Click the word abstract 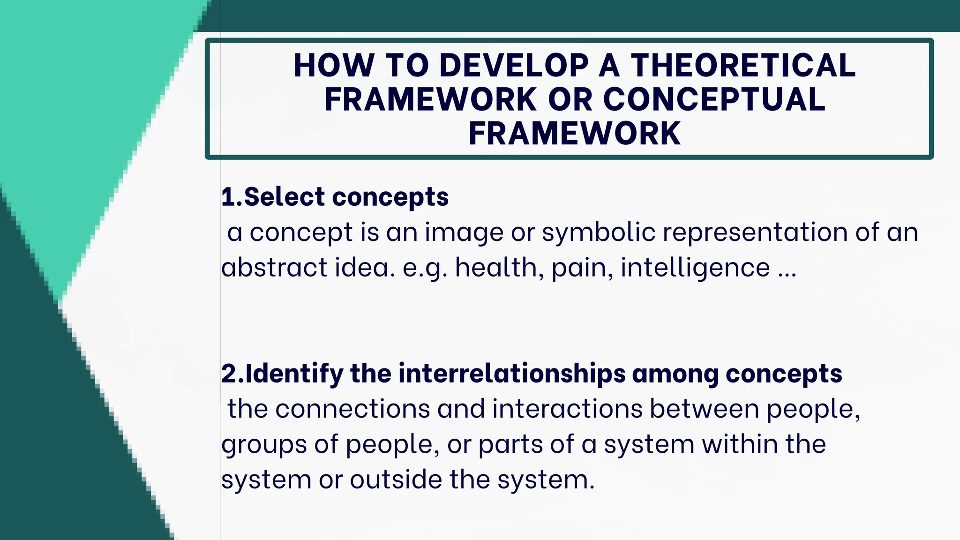pyautogui.click(x=274, y=268)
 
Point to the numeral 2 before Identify pyautogui.click(x=229, y=374)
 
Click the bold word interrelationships pyautogui.click(x=512, y=374)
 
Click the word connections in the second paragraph pyautogui.click(x=352, y=409)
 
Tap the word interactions pyautogui.click(x=567, y=409)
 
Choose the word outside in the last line pyautogui.click(x=396, y=480)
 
